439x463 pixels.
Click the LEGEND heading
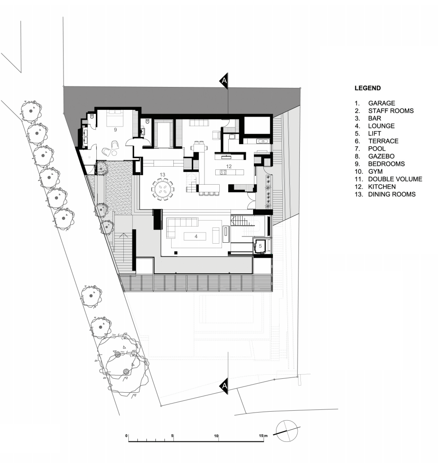pos(367,88)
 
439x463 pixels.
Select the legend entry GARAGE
pos(381,103)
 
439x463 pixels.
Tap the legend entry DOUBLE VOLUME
pos(395,179)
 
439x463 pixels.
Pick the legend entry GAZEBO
pos(381,156)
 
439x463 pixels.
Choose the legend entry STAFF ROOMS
pos(391,111)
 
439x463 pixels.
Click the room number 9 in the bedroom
pos(115,130)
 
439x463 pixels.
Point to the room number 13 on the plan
pos(163,175)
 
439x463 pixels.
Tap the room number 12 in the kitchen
pos(229,167)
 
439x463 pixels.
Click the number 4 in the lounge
pos(196,236)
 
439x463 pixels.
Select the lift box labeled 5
pos(260,246)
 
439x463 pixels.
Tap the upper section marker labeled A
pos(223,81)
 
